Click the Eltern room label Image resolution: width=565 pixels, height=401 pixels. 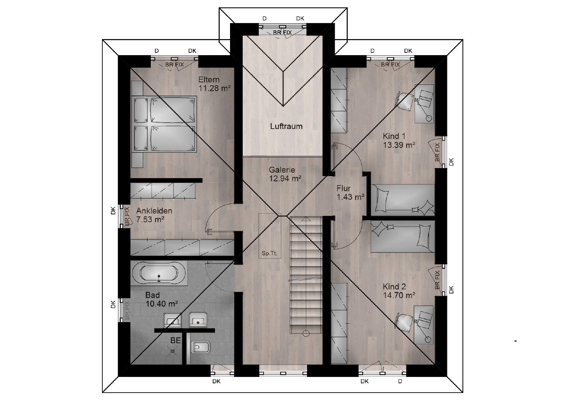coord(209,80)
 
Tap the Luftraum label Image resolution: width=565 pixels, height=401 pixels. coord(286,126)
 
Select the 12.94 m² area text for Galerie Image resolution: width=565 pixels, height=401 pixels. coord(285,179)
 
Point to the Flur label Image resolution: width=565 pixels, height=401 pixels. coord(343,188)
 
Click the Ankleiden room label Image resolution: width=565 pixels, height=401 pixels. coord(154,211)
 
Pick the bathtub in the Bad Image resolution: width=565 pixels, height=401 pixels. coord(159,273)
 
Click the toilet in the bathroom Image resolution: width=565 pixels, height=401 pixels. coord(201,348)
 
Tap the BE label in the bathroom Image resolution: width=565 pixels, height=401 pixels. coord(176,341)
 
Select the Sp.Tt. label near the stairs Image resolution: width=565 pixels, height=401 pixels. coord(269,253)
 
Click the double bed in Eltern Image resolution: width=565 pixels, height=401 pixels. coord(164,124)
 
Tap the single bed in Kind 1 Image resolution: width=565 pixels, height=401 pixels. coord(403,200)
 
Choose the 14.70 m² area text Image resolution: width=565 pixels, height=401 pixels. coord(399,295)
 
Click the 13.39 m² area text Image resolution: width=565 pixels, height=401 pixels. coord(399,145)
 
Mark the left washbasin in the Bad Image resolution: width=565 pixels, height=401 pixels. coord(173,320)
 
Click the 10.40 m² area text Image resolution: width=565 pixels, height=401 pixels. coord(162,304)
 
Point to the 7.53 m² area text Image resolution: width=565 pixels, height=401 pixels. coord(150,220)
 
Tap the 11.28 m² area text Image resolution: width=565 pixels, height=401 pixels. coord(214,89)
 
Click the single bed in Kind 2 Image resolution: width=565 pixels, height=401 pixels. coord(403,237)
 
